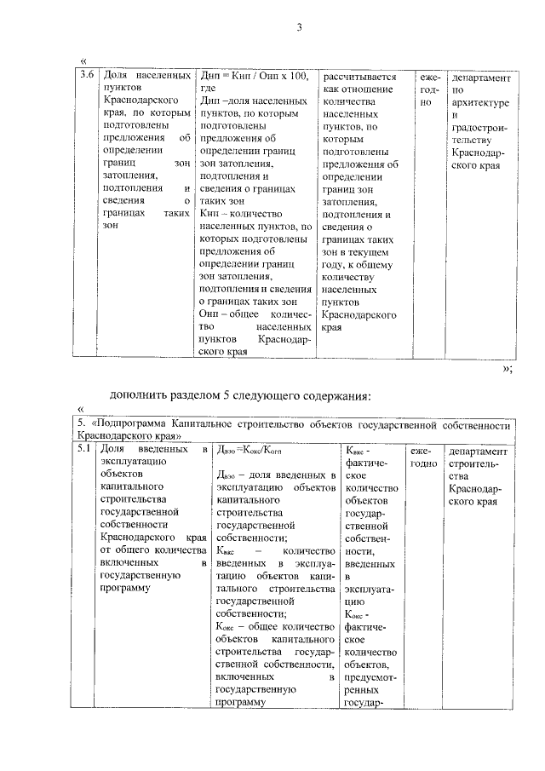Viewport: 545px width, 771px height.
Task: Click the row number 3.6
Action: pyautogui.click(x=85, y=77)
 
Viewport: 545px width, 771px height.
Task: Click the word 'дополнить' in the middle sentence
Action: pyautogui.click(x=139, y=396)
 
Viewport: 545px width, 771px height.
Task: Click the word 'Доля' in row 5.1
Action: pyautogui.click(x=114, y=449)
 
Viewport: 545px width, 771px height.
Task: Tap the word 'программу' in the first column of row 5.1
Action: pyautogui.click(x=125, y=588)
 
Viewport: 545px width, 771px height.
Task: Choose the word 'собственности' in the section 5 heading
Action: pyautogui.click(x=479, y=423)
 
